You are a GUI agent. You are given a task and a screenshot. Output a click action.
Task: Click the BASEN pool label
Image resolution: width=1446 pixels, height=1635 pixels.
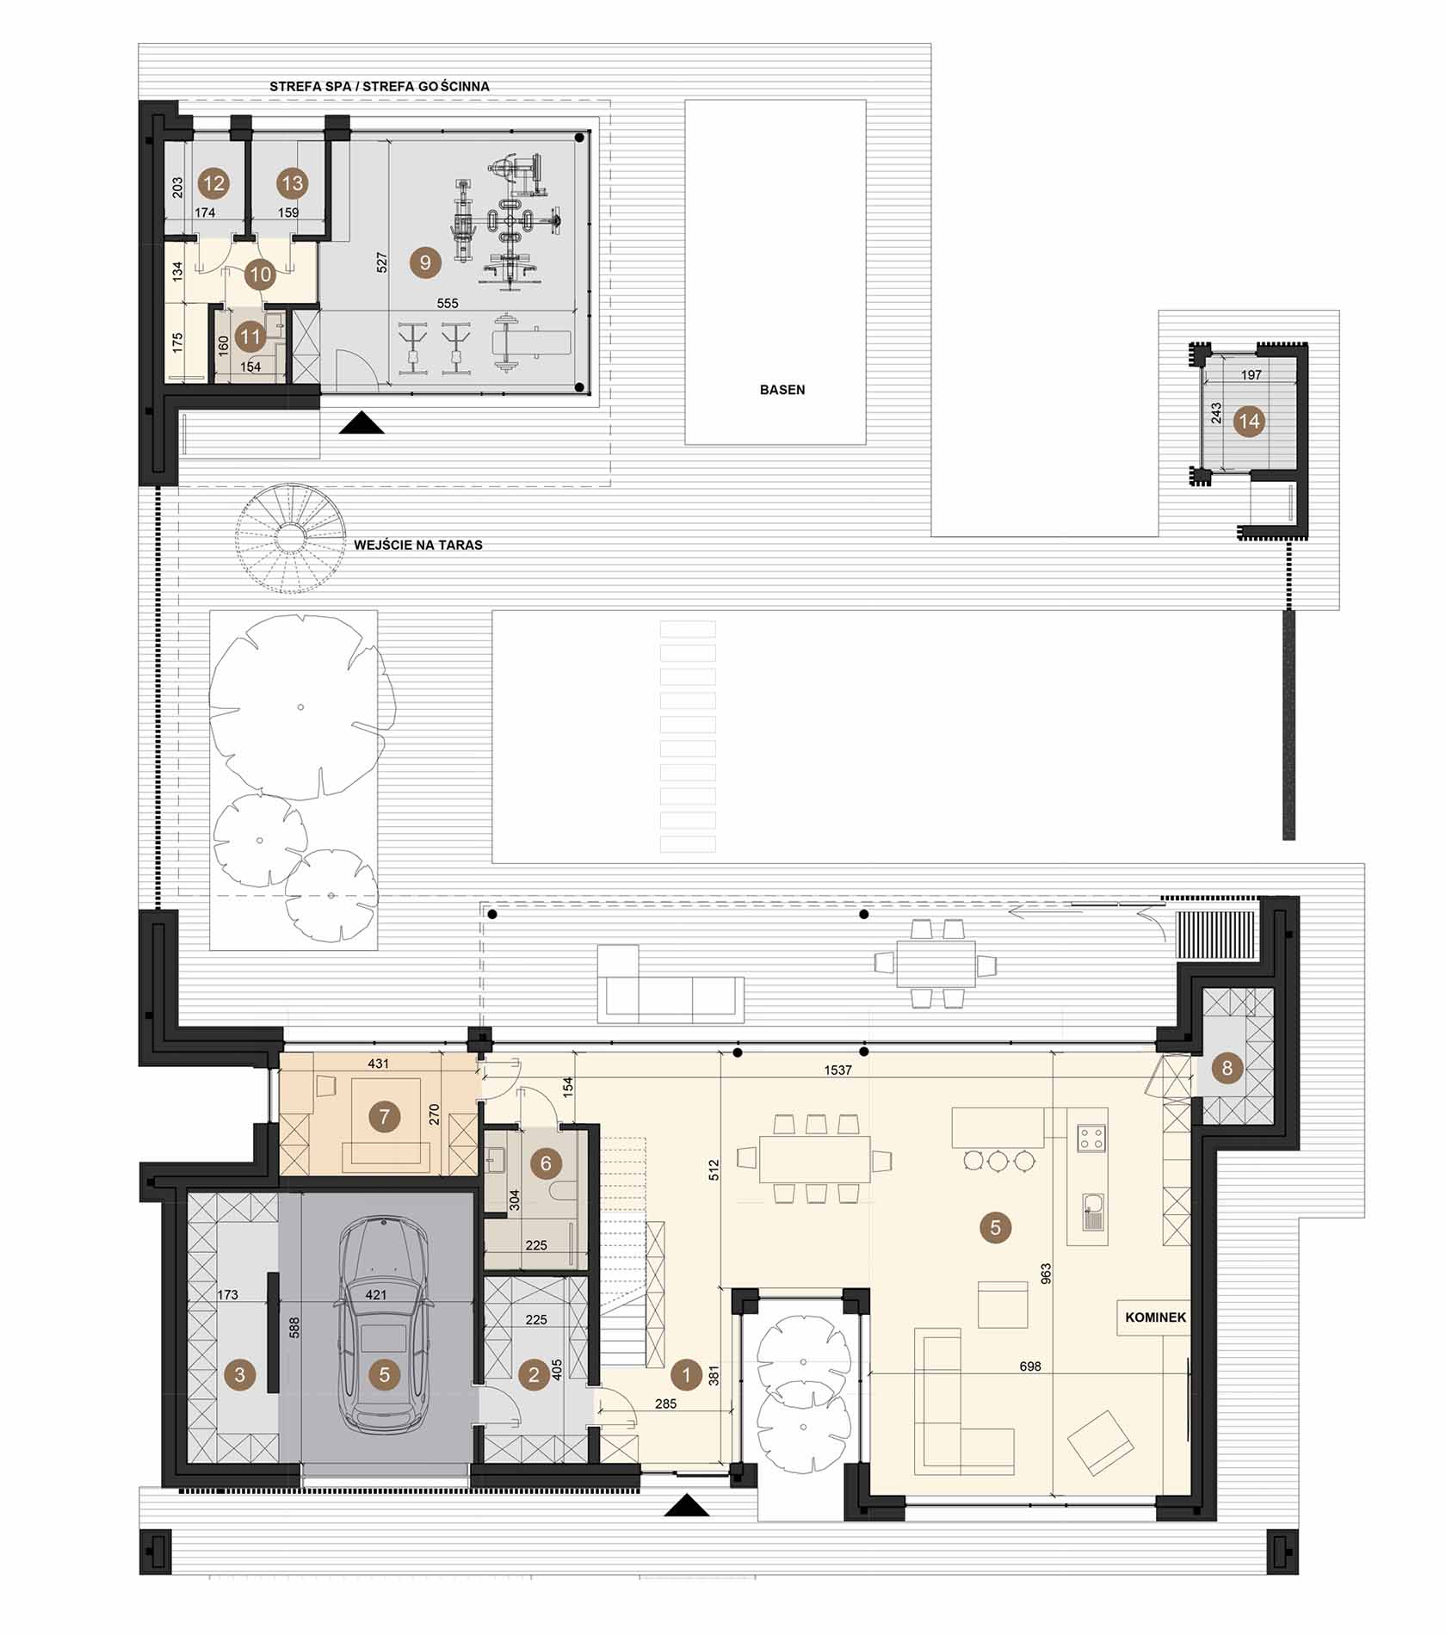click(782, 390)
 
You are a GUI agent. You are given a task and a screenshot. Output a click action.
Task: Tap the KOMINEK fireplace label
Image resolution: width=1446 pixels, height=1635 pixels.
click(1155, 1317)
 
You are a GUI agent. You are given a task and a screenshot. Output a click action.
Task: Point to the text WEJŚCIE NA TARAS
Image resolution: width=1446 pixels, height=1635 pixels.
click(418, 545)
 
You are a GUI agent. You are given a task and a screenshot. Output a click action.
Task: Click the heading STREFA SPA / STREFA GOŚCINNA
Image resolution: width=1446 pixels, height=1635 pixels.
click(380, 87)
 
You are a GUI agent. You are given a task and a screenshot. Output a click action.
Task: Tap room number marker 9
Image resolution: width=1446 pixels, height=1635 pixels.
click(424, 262)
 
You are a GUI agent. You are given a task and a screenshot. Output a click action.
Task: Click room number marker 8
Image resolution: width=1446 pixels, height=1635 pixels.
click(1227, 1069)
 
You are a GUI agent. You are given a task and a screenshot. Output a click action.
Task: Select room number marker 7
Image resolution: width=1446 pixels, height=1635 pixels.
click(384, 1117)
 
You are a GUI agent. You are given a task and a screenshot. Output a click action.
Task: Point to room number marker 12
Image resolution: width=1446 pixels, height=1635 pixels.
click(213, 182)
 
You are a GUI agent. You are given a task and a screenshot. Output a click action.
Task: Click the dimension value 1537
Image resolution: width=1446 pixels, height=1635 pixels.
click(837, 1070)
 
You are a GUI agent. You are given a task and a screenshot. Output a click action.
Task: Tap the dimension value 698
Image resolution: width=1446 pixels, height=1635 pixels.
click(1030, 1366)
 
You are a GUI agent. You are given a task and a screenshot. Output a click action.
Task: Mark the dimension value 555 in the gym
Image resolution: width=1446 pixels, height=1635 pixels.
click(448, 304)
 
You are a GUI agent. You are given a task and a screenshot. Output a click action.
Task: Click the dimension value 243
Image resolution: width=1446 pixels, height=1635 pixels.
click(1216, 414)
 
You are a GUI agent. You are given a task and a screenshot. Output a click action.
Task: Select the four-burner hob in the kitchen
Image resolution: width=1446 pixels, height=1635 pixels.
click(1091, 1139)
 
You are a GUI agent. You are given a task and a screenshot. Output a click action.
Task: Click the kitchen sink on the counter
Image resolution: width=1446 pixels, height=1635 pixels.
click(1091, 1212)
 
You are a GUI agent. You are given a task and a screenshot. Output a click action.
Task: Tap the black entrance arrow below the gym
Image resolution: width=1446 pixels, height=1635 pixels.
click(361, 423)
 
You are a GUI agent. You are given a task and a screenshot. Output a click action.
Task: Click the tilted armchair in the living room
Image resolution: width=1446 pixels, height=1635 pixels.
click(1100, 1443)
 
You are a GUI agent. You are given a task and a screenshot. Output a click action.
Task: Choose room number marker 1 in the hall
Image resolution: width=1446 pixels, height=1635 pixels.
click(686, 1374)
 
